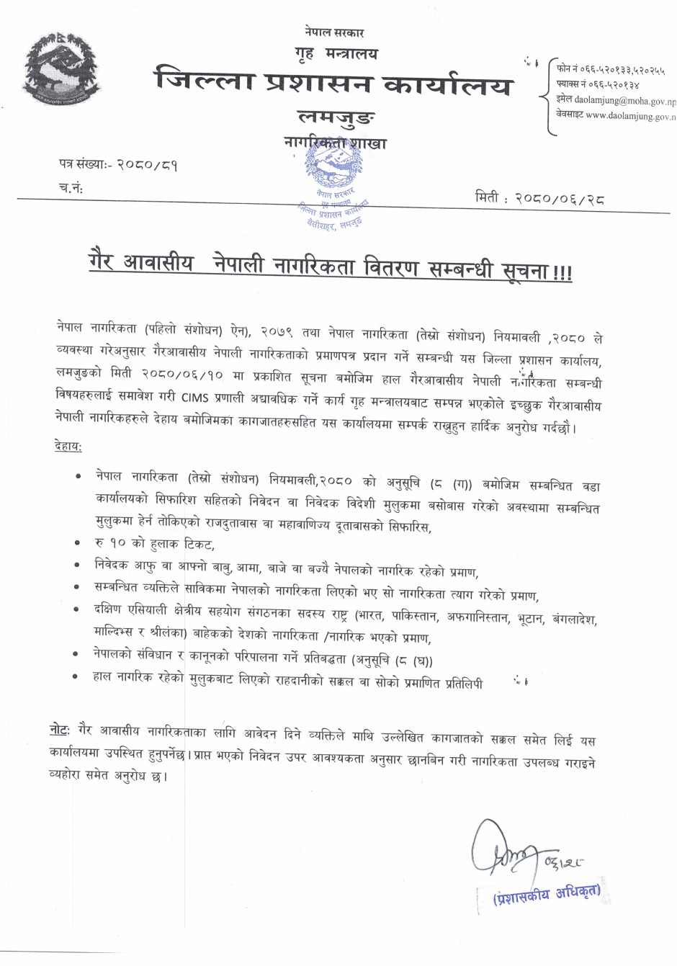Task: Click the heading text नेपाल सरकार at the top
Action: (x=334, y=32)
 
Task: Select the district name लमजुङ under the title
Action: (x=336, y=116)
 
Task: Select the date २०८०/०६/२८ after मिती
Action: (x=559, y=198)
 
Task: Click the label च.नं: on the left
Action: (x=71, y=188)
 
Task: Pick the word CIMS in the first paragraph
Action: (x=194, y=398)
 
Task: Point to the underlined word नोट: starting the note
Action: (x=60, y=730)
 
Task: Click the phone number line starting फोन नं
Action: (x=611, y=70)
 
